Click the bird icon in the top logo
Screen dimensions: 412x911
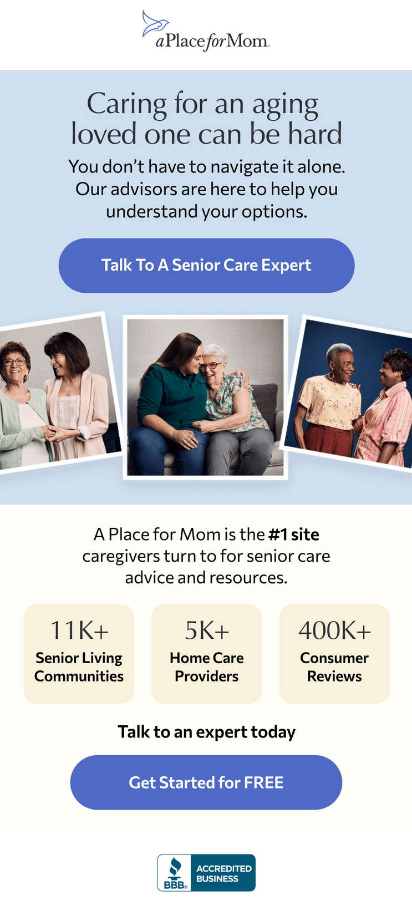click(155, 24)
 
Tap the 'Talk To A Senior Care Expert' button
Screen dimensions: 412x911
click(207, 266)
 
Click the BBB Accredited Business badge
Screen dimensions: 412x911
click(207, 872)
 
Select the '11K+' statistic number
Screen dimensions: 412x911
click(79, 630)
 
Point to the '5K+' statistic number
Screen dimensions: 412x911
click(207, 630)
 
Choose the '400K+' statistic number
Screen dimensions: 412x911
click(334, 630)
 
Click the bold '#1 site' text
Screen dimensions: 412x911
click(294, 535)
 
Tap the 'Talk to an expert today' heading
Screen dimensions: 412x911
click(207, 732)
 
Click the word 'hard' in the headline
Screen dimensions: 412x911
click(315, 134)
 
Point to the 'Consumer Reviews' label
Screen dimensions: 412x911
click(334, 667)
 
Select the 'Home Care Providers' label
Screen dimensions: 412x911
click(207, 667)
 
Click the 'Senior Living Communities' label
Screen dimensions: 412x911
click(79, 667)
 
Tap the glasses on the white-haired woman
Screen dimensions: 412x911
click(210, 365)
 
